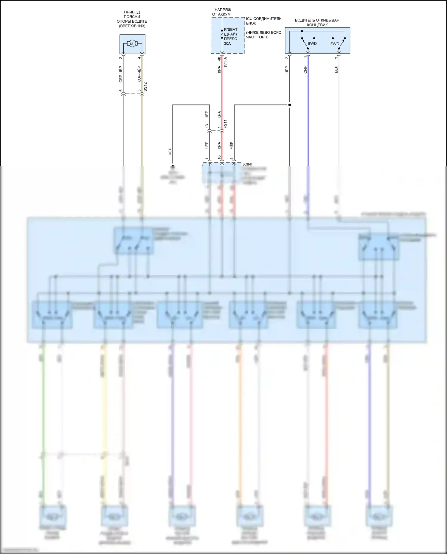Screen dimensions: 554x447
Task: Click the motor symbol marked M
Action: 131,44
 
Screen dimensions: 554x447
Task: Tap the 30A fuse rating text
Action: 227,43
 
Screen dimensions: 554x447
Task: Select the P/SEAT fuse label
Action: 231,29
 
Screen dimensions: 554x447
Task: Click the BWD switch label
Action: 312,43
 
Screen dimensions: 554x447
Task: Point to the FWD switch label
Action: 335,44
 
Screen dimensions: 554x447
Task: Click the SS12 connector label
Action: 145,87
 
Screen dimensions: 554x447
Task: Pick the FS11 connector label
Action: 225,124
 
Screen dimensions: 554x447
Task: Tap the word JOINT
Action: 248,164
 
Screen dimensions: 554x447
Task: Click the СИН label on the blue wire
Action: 305,70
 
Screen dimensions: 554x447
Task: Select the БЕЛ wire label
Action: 336,70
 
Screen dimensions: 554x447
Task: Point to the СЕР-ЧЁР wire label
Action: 121,74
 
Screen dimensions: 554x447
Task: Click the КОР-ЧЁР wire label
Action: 139,74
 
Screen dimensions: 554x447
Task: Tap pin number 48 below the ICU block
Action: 219,59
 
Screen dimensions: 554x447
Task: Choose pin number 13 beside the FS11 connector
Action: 207,126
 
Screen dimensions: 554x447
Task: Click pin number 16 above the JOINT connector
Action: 219,157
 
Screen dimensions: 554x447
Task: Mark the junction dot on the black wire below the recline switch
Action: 289,105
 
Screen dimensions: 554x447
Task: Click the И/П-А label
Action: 225,62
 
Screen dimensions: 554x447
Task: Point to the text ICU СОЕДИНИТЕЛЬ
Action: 263,18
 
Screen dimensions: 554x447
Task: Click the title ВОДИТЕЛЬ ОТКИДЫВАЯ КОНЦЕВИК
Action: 317,23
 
